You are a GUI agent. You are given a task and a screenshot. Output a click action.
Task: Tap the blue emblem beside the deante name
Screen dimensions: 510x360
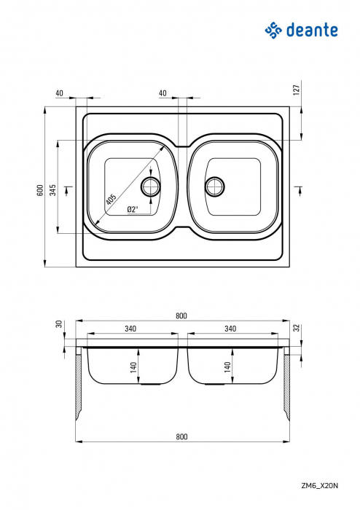(x=273, y=30)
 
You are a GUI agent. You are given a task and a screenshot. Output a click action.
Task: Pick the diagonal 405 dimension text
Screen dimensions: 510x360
(x=110, y=198)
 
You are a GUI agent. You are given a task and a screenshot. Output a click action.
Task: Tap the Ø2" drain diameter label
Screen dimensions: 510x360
(x=133, y=209)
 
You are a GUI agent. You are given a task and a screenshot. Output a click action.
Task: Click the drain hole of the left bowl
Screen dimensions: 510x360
(x=152, y=186)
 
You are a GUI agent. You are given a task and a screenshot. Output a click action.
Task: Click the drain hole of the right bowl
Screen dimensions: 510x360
(x=215, y=186)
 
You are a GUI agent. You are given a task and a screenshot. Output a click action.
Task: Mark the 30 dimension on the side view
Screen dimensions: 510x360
(x=58, y=324)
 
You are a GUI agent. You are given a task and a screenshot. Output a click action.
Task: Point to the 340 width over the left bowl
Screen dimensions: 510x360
(x=130, y=329)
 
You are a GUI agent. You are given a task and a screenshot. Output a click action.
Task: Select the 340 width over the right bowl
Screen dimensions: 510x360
(x=230, y=329)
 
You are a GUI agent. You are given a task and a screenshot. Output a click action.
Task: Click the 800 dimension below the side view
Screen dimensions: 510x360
(x=181, y=436)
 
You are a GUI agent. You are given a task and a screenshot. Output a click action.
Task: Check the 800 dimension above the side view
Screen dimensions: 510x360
(x=181, y=315)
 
